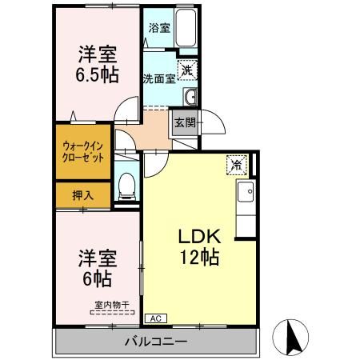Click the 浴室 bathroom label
click(159, 28)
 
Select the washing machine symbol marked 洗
click(186, 70)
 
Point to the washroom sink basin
click(190, 98)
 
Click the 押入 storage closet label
click(83, 194)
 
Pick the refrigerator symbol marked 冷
click(238, 164)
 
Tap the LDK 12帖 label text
click(203, 248)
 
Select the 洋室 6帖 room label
click(98, 270)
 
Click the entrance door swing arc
click(210, 130)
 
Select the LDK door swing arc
click(155, 162)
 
